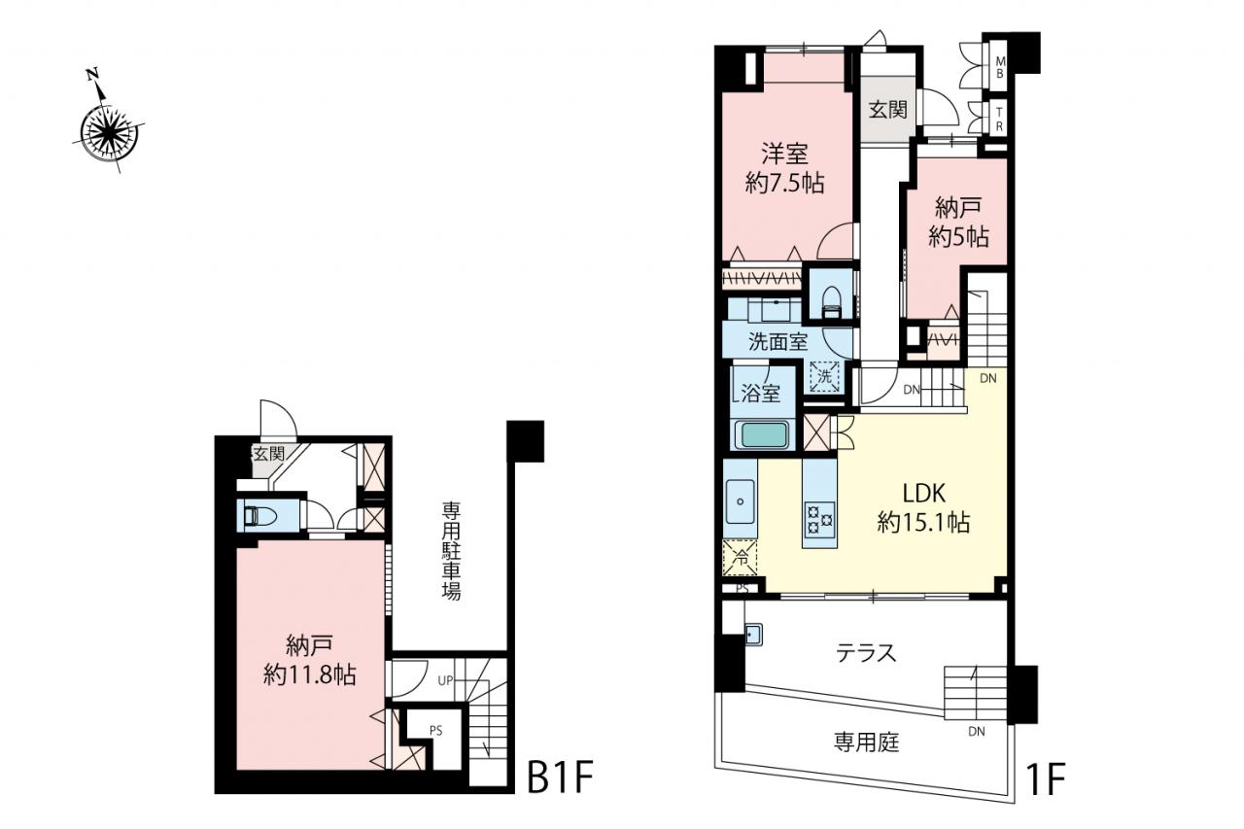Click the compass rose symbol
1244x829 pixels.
[110, 131]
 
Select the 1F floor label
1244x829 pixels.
[1044, 779]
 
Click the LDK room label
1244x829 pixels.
[923, 493]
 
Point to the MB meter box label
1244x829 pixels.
[1000, 67]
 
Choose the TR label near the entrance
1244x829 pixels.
[1000, 120]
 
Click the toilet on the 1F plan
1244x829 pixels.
[831, 302]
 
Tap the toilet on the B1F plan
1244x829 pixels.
[258, 516]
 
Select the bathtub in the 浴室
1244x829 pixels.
[762, 435]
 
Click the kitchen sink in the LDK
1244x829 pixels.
[741, 501]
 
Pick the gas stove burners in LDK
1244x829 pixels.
[819, 517]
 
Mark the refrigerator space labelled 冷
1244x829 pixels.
[741, 557]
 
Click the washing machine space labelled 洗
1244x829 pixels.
[824, 376]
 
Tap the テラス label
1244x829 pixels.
[866, 653]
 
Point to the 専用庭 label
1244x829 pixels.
[866, 742]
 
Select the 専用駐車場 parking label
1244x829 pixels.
[451, 551]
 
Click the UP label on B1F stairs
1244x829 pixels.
[445, 680]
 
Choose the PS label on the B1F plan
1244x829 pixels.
[436, 731]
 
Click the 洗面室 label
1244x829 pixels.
[778, 342]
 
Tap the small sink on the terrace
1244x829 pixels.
[753, 634]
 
